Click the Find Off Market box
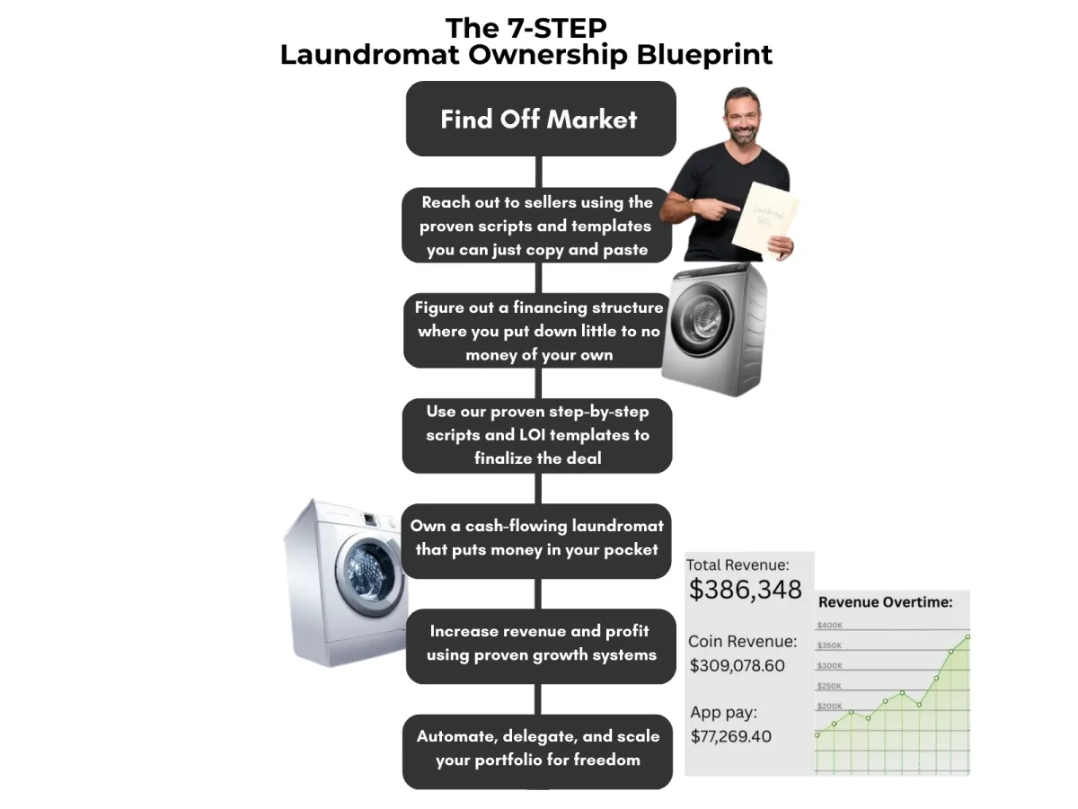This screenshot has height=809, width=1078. (x=541, y=119)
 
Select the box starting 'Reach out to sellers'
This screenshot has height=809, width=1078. (x=537, y=226)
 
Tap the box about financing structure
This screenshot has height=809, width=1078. (x=537, y=331)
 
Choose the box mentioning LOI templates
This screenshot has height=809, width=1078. (x=537, y=436)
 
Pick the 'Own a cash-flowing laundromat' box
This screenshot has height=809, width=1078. (x=536, y=541)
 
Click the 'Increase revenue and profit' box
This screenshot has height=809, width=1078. (x=541, y=646)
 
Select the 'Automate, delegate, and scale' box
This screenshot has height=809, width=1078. (x=537, y=751)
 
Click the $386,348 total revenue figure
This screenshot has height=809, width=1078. (x=745, y=590)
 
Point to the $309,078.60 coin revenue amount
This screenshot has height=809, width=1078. (x=737, y=665)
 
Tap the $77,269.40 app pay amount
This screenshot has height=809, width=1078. (x=730, y=736)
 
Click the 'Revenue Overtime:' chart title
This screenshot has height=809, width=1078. (x=885, y=602)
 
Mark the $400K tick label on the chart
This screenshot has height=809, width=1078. (x=829, y=626)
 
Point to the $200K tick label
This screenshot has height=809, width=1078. (x=829, y=707)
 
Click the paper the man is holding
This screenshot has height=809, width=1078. (x=765, y=219)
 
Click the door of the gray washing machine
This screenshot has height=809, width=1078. (x=702, y=319)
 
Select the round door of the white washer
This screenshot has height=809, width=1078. (x=371, y=575)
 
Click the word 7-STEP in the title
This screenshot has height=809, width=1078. (x=557, y=28)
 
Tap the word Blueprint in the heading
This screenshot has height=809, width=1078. (x=704, y=55)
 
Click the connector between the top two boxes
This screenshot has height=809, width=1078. (x=539, y=172)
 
